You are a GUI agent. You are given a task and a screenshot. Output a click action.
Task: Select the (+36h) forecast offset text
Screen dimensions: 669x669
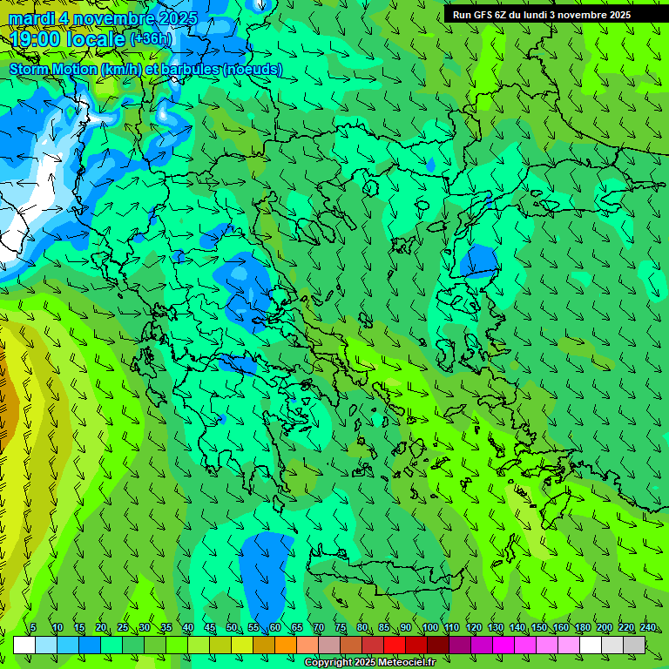151,39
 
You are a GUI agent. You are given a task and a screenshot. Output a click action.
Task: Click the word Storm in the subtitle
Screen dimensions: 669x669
30,69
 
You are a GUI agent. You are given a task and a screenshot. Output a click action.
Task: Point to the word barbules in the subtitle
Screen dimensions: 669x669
190,69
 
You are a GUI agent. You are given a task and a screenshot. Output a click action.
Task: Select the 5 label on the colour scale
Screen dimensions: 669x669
33,627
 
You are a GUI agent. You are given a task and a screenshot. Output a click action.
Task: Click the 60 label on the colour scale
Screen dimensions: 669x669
275,627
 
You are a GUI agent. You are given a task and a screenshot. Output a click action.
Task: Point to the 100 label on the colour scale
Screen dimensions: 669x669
430,627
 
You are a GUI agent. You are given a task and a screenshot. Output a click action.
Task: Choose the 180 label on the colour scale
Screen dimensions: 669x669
582,627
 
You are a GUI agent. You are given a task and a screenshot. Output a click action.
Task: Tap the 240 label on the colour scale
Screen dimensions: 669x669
647,627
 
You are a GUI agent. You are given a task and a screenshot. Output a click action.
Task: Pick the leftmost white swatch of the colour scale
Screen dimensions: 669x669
24,645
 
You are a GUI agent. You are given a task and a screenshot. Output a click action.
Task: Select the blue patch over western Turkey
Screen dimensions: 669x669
478,260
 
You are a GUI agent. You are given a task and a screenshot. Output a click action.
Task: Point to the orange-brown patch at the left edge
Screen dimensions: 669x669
5,401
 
